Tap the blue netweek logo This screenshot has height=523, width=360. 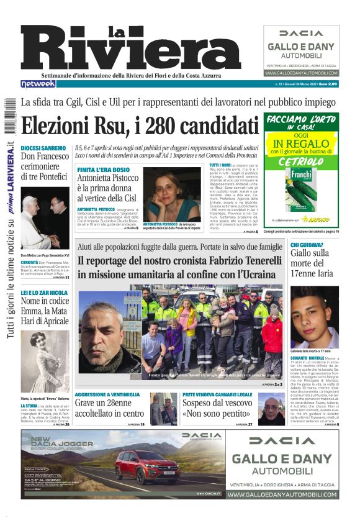38,84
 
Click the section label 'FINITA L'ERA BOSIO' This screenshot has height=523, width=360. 104,170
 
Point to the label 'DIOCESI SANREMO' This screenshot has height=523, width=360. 43,148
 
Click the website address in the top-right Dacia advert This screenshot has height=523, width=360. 301,73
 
